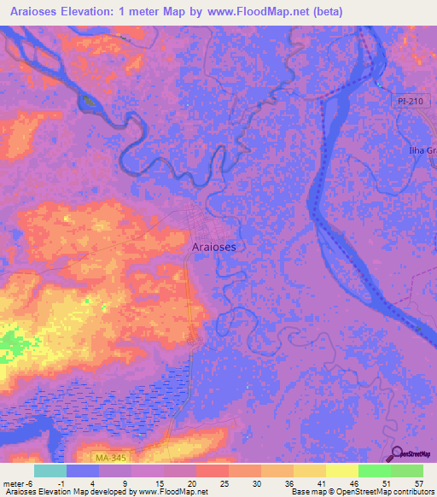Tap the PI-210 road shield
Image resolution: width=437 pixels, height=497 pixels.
pos(411,102)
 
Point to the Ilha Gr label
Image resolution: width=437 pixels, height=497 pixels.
pos(422,151)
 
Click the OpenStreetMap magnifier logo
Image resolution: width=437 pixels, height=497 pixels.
pos(399,453)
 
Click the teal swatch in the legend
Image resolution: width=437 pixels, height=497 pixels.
pos(50,471)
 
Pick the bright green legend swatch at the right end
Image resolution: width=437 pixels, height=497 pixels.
pos(407,471)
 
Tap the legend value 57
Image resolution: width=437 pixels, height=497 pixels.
pos(417,482)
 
